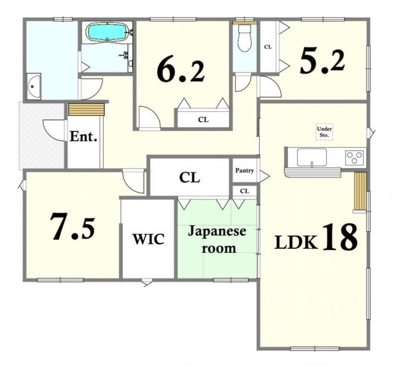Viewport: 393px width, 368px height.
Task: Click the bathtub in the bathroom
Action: click(x=107, y=33)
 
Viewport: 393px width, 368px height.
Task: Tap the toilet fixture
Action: click(x=245, y=38)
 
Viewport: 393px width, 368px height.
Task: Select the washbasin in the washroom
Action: click(x=34, y=87)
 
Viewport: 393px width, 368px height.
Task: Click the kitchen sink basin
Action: click(x=312, y=157)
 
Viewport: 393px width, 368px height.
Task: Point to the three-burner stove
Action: click(x=354, y=157)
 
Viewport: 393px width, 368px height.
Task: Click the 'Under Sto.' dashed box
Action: click(x=324, y=132)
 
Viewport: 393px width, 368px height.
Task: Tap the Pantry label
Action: click(x=244, y=171)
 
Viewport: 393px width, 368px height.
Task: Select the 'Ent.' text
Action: click(x=83, y=137)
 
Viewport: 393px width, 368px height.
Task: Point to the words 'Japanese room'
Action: click(x=217, y=240)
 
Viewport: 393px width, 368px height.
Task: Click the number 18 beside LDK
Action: click(x=340, y=237)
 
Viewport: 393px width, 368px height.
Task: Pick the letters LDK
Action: click(x=296, y=242)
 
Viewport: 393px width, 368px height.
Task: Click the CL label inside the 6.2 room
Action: click(x=203, y=120)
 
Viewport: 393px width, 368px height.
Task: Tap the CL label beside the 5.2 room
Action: click(x=268, y=47)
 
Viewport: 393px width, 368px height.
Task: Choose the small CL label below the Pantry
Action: click(x=245, y=191)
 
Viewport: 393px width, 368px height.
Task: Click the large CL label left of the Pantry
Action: click(x=189, y=178)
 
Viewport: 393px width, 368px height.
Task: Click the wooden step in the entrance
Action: click(x=86, y=109)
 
